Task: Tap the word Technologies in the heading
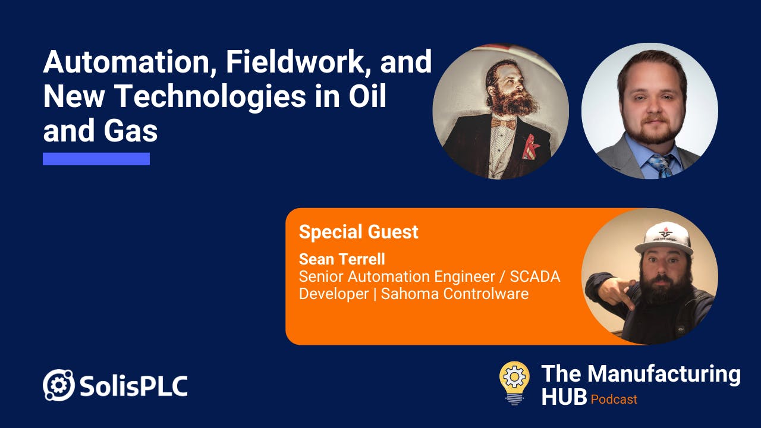[x=211, y=96]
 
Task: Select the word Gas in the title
[x=131, y=131]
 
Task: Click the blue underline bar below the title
[x=96, y=159]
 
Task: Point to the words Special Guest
[x=359, y=232]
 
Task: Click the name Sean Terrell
[x=342, y=259]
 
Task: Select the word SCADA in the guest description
[x=534, y=276]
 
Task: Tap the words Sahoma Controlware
[x=455, y=294]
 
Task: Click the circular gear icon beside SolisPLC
[x=58, y=385]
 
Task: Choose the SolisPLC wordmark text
[x=134, y=386]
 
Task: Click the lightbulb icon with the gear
[x=514, y=383]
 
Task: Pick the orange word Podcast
[x=614, y=399]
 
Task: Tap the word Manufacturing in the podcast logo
[x=664, y=374]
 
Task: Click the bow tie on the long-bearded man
[x=504, y=123]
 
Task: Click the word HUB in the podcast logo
[x=564, y=397]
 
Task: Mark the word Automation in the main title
[x=130, y=62]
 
